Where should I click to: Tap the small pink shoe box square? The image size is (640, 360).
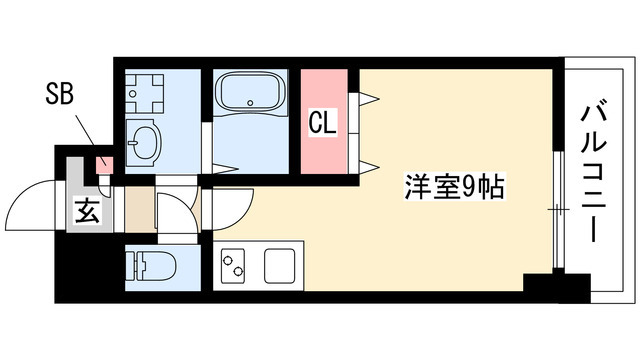click(x=101, y=165)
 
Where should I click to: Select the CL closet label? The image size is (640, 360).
click(x=322, y=124)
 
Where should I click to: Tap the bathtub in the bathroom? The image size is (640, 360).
click(x=250, y=97)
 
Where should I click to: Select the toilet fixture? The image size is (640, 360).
click(x=152, y=267)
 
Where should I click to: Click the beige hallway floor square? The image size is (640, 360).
click(x=139, y=211)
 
